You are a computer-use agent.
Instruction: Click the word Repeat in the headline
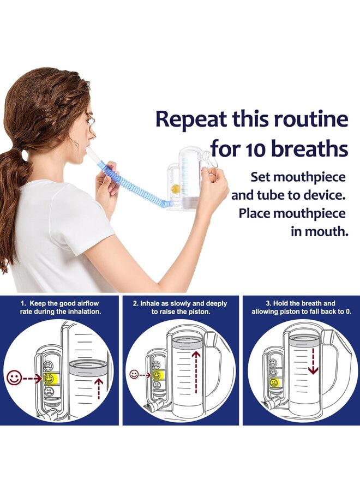(190, 119)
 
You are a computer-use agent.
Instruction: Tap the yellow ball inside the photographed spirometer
(175, 189)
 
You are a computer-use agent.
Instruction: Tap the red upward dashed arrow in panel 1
(98, 387)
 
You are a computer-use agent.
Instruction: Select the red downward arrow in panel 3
(313, 360)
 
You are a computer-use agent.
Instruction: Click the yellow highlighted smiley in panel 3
(274, 382)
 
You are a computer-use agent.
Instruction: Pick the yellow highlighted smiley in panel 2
(157, 375)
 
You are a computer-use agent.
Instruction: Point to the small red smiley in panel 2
(134, 375)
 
